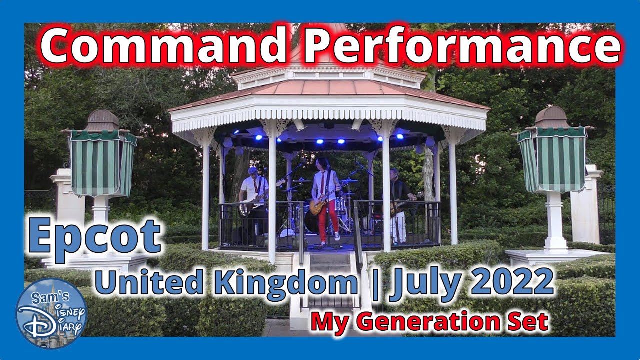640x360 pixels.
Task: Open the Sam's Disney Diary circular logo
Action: pyautogui.click(x=51, y=313)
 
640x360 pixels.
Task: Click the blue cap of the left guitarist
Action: pyautogui.click(x=253, y=170)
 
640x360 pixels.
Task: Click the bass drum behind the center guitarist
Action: pyautogui.click(x=312, y=222)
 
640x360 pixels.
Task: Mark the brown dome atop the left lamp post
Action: pyautogui.click(x=102, y=120)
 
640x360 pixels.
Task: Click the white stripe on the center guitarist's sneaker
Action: pyautogui.click(x=338, y=235)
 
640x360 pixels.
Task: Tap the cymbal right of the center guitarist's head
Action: pyautogui.click(x=349, y=181)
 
